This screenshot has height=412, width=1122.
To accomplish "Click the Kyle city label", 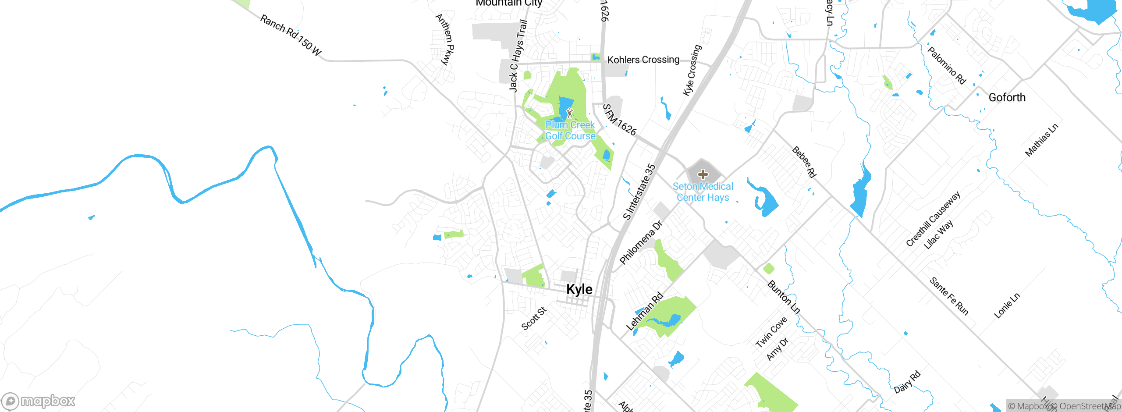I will click(579, 289).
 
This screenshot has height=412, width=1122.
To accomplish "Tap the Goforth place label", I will click(1007, 97).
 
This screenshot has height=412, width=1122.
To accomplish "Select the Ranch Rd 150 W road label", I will click(291, 35).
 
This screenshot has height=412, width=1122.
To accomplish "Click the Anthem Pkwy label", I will click(444, 39).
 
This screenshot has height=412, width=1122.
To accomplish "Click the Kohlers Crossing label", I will click(643, 60).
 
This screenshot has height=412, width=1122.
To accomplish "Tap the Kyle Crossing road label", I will click(692, 70).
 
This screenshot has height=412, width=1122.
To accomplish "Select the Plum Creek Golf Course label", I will click(570, 131).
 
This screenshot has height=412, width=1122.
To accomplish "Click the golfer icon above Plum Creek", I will click(569, 113).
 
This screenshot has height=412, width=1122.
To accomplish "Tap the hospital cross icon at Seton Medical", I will click(703, 174).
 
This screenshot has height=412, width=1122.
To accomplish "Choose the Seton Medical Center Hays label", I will click(703, 192).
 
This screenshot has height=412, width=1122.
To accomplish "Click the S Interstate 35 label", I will click(639, 192).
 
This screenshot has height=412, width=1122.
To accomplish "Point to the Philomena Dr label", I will click(640, 242).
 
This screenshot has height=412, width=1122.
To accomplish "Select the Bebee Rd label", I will click(804, 162).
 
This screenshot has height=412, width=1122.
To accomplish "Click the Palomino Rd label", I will click(947, 66).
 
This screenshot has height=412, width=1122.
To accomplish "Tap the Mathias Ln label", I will click(1041, 140).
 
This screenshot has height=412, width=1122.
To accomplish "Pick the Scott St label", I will click(534, 318).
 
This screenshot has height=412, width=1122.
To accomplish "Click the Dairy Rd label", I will click(907, 382).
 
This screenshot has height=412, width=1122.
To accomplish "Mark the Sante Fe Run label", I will click(949, 296).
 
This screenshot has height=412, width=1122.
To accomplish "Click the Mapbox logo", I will click(39, 401).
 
